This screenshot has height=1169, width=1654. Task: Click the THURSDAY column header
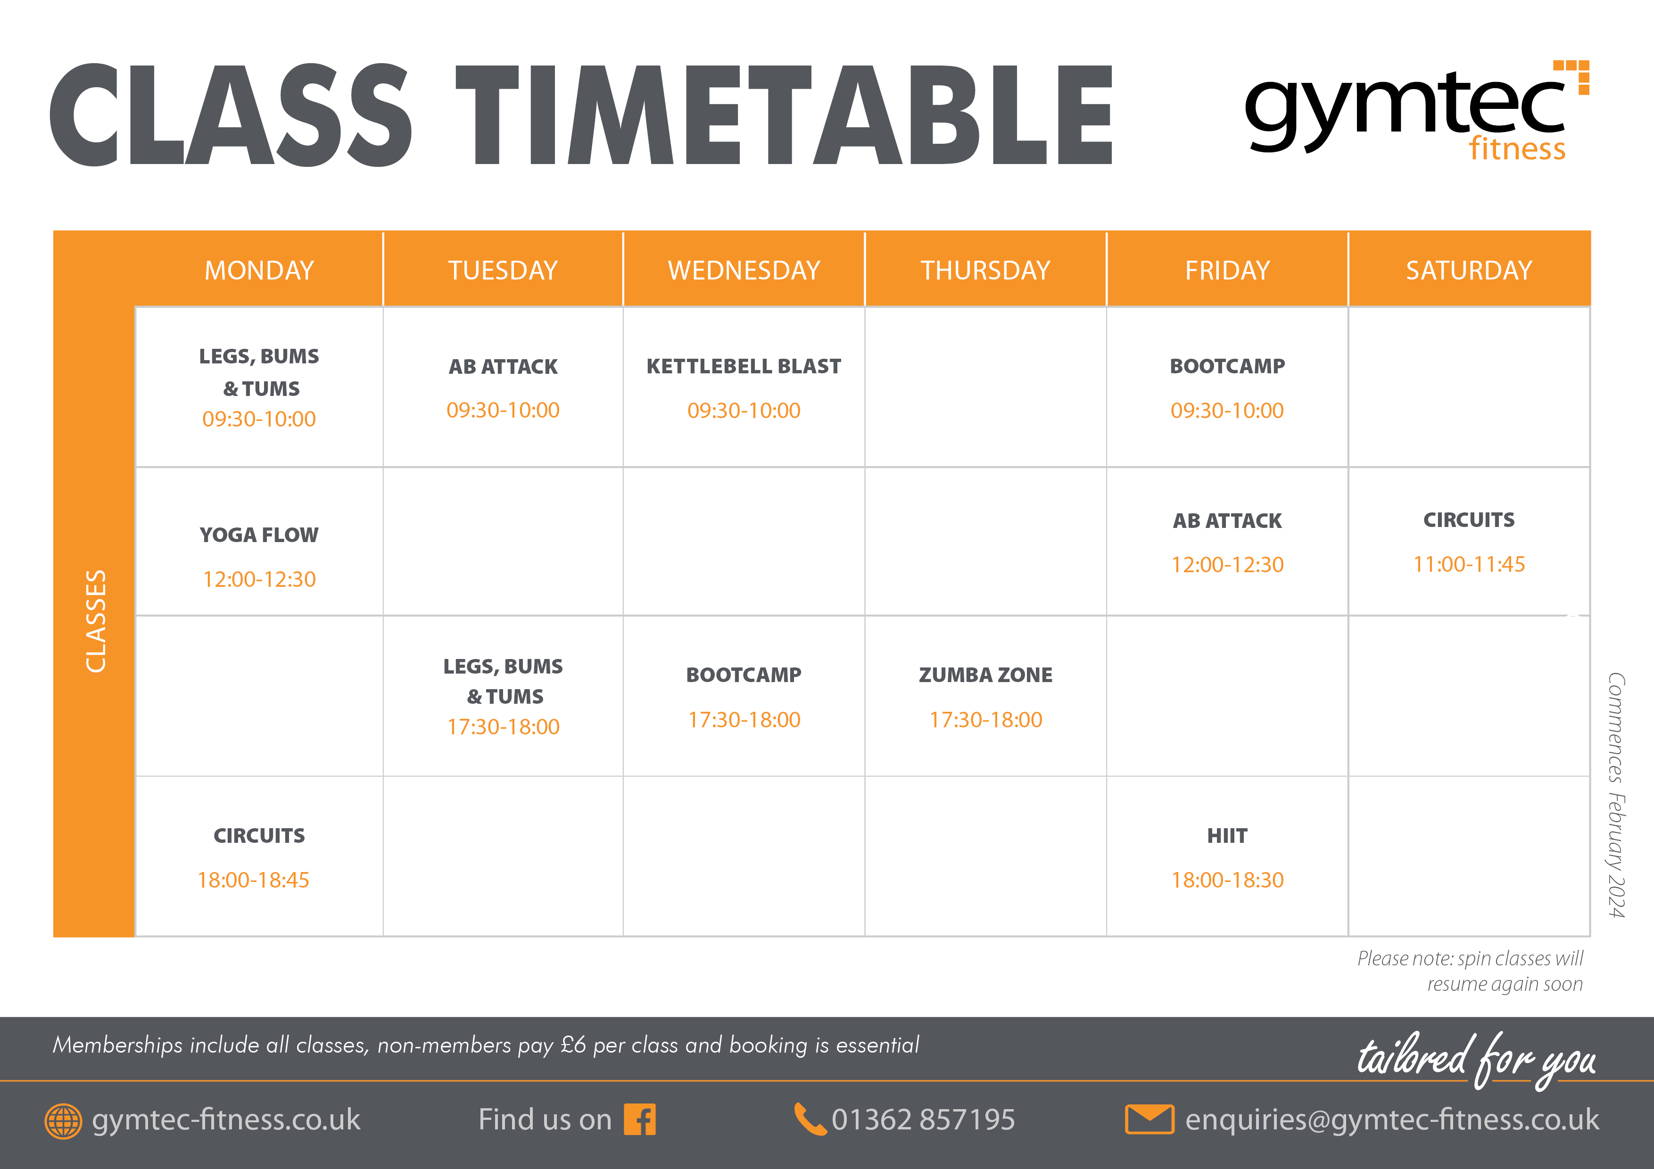(x=985, y=270)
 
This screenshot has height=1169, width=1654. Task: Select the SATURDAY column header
(x=1469, y=270)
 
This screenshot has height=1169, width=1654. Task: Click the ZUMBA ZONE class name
(x=985, y=675)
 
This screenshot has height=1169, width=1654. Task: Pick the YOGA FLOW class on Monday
(x=259, y=535)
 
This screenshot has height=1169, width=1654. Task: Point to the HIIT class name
(x=1227, y=836)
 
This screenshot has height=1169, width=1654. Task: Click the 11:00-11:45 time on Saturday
(x=1469, y=564)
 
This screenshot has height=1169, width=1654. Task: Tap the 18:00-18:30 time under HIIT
(x=1227, y=880)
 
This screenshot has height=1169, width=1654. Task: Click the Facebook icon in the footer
(x=640, y=1120)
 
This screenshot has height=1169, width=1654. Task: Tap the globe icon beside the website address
(x=63, y=1121)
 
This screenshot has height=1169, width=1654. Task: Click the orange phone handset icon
(x=810, y=1120)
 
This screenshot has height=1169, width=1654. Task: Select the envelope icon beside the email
(x=1149, y=1120)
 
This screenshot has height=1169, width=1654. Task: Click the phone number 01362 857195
(x=923, y=1120)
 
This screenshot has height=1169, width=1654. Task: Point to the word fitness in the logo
(x=1517, y=148)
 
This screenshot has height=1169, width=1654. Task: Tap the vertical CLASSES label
(x=96, y=621)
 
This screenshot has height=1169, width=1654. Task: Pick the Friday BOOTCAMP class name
(x=1227, y=366)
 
